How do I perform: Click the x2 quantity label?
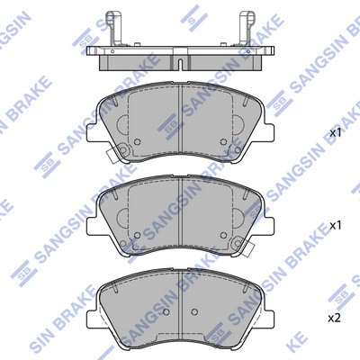[335, 319]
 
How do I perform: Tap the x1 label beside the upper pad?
[336, 133]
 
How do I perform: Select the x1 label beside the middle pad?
[336, 226]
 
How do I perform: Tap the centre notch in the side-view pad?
[180, 64]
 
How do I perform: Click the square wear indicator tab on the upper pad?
[111, 157]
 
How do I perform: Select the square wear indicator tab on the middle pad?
[249, 248]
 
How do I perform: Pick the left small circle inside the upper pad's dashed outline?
[137, 142]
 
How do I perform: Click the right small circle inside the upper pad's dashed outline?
[223, 142]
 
